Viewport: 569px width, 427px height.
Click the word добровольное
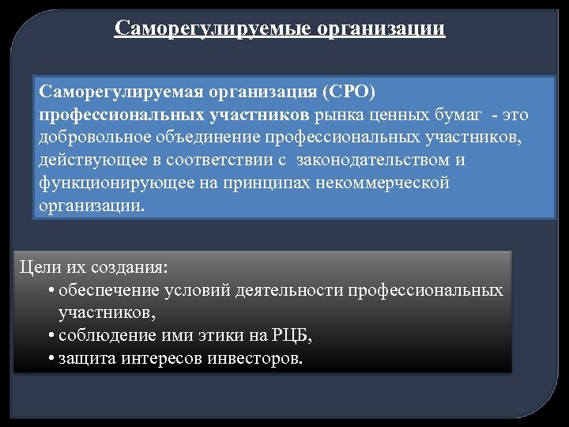click(x=86, y=138)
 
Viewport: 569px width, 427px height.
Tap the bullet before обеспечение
click(x=50, y=291)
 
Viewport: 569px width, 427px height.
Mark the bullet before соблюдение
click(x=50, y=336)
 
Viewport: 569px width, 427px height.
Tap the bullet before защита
click(x=50, y=359)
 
